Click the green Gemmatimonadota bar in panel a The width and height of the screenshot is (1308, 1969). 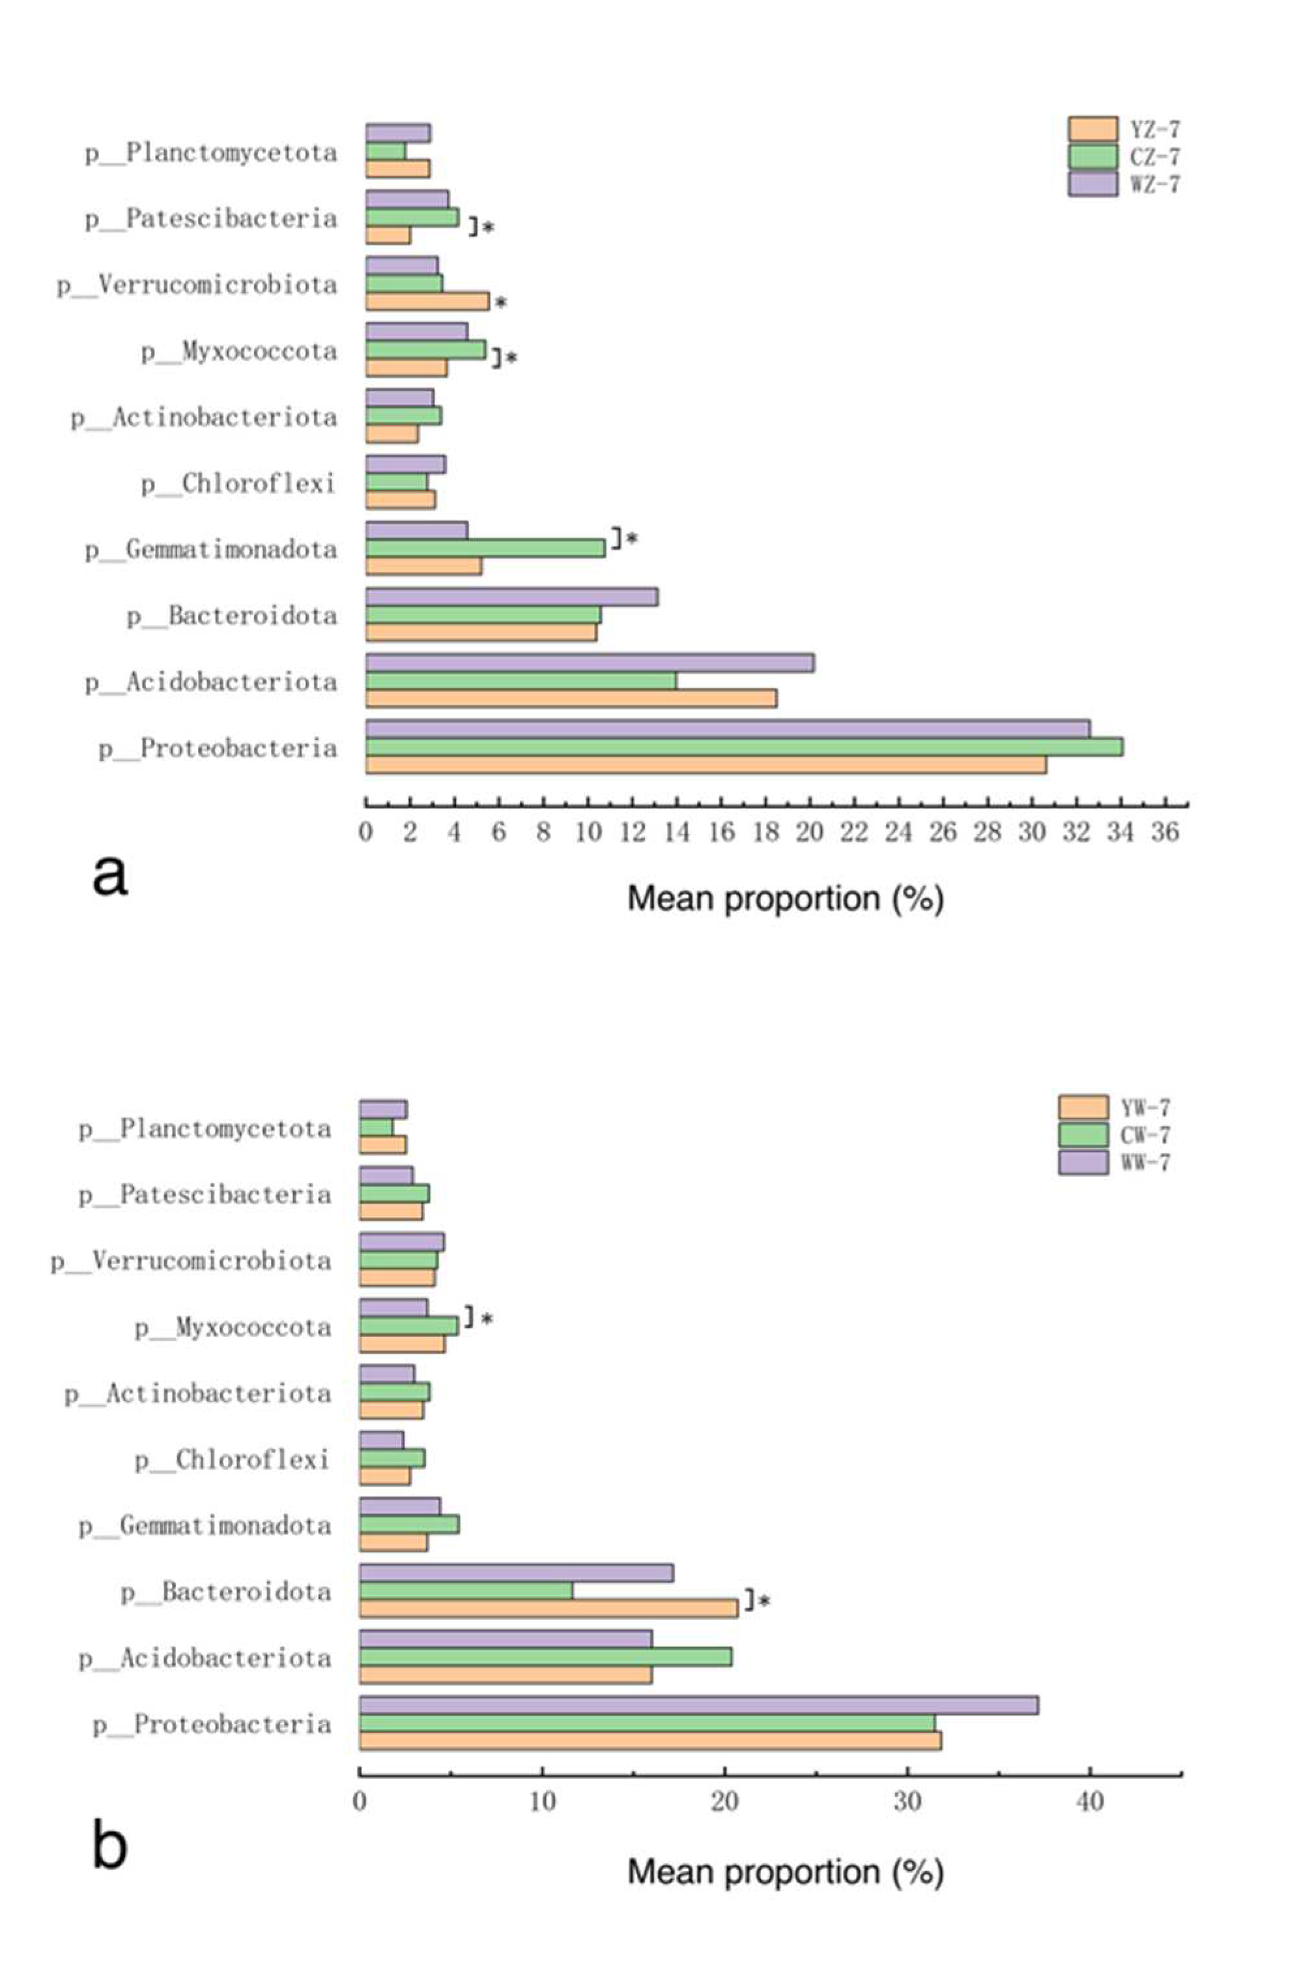[485, 548]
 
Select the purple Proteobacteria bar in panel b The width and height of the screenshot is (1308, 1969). [698, 1705]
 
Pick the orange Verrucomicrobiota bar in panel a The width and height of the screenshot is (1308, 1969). [427, 301]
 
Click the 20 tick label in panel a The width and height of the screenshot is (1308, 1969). [809, 833]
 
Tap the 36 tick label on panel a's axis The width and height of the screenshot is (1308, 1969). [1165, 833]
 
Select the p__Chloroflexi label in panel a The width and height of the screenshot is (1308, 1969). [238, 483]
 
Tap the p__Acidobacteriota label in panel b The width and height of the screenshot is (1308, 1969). [205, 1657]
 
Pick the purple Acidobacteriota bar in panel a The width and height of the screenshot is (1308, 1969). [589, 663]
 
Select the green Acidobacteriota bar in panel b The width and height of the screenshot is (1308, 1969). [546, 1656]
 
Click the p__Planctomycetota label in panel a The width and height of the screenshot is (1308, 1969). [211, 152]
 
